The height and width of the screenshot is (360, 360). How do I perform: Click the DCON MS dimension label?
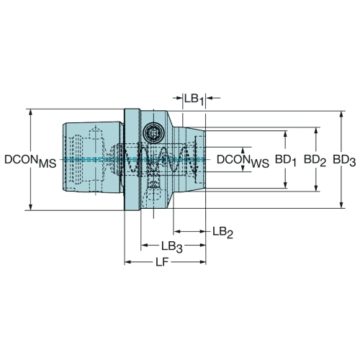(30, 161)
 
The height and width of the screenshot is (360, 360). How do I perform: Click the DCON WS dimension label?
(243, 161)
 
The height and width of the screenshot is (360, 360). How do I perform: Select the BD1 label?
(285, 160)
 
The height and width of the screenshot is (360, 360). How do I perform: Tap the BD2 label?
(315, 160)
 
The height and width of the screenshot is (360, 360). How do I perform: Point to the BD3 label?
(344, 160)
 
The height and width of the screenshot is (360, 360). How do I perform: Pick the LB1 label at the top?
(194, 99)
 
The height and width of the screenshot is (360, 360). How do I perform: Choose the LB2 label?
(222, 233)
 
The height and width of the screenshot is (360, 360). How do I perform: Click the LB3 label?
(172, 247)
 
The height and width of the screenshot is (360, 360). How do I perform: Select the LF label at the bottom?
(162, 262)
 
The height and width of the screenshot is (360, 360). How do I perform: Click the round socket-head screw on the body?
(153, 132)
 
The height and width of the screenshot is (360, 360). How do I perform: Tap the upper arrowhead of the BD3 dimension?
(341, 116)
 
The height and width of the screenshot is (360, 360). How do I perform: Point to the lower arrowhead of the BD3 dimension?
(341, 204)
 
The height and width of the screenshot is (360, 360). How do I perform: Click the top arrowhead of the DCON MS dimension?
(30, 114)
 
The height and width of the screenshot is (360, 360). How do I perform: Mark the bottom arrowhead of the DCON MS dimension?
(30, 206)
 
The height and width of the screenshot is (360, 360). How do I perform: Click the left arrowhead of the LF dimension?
(129, 262)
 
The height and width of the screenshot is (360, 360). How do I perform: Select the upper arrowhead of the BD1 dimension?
(285, 135)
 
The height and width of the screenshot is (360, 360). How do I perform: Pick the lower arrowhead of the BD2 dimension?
(316, 186)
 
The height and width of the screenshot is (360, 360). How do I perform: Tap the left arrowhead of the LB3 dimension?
(145, 245)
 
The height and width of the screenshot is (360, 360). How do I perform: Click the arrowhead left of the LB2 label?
(178, 231)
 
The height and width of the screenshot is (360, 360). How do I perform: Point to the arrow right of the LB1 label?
(213, 98)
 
